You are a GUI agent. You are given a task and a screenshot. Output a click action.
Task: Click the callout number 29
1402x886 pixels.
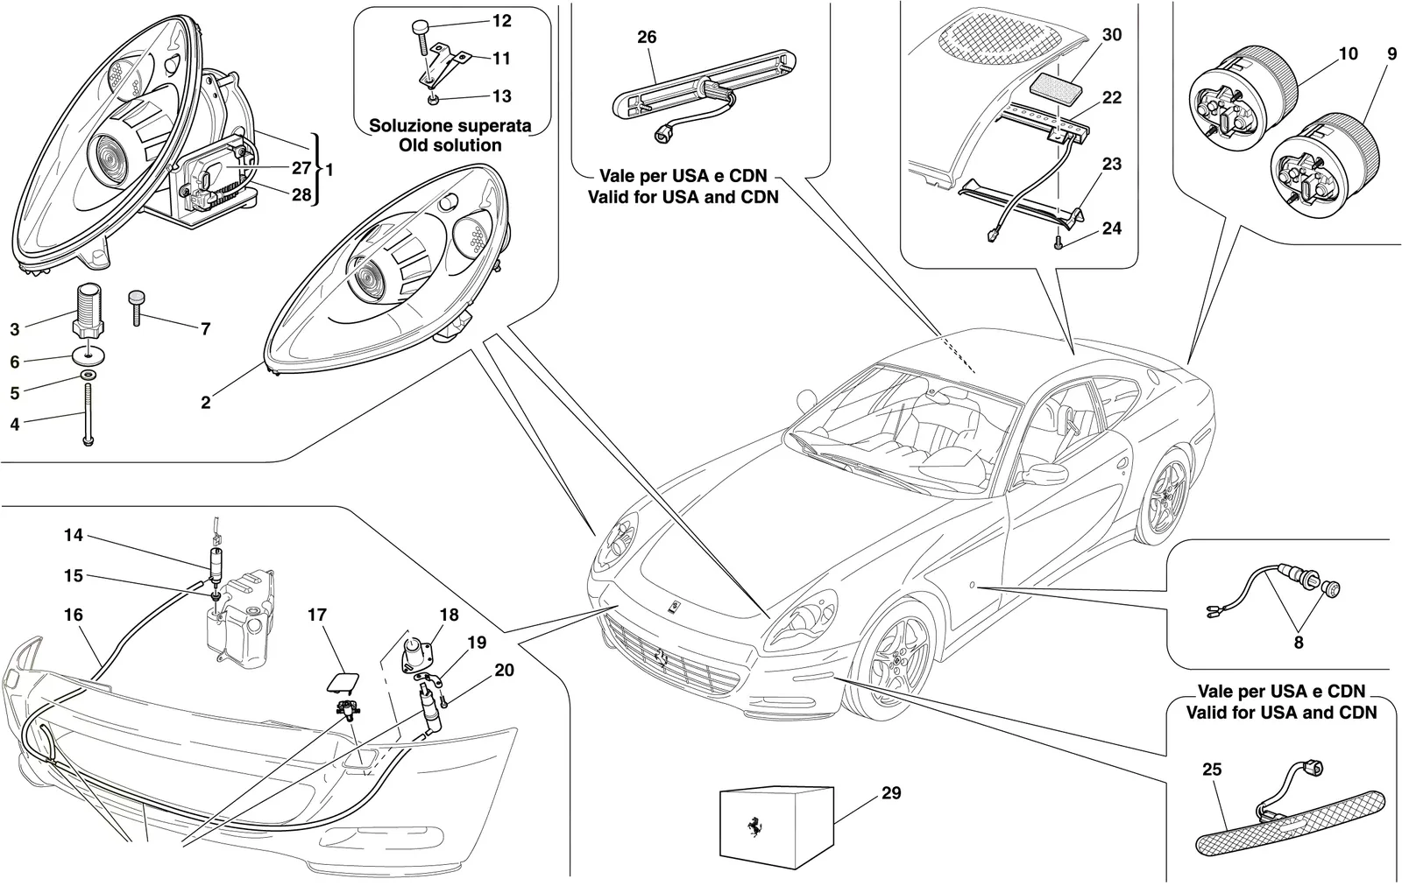[891, 793]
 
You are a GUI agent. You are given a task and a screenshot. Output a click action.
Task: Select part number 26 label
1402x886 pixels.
[647, 37]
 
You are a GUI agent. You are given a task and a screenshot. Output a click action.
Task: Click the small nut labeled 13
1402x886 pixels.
[432, 100]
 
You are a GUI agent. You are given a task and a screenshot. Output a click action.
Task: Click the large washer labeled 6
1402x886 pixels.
[88, 355]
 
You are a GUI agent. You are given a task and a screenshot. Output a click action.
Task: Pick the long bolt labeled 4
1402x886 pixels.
[89, 414]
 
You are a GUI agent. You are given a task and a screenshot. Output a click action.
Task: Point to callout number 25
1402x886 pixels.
[1212, 769]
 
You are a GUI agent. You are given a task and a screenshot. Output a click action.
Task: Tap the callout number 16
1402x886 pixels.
[74, 615]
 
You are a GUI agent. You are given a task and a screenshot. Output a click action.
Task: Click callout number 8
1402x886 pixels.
[1298, 642]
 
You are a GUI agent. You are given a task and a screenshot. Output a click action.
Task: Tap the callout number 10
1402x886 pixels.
[1349, 53]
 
